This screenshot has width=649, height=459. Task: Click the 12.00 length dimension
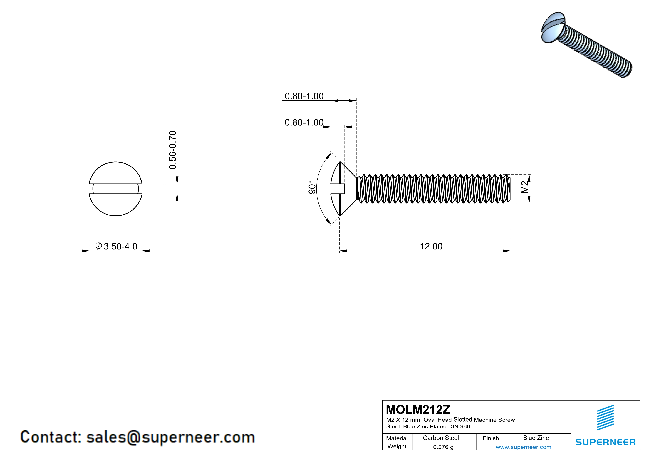(x=431, y=246)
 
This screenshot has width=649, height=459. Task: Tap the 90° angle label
(x=312, y=187)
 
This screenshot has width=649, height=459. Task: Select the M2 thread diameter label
(x=525, y=187)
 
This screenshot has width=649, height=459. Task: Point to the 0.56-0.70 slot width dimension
(x=173, y=150)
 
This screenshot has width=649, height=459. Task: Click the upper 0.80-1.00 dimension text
(x=304, y=96)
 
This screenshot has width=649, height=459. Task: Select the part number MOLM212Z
(x=418, y=409)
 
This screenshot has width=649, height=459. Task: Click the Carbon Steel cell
(x=441, y=438)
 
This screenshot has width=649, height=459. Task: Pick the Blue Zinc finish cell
(x=536, y=438)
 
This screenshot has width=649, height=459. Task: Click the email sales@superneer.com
(x=170, y=437)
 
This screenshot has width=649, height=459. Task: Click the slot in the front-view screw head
(x=116, y=189)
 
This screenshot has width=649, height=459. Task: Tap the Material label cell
(x=397, y=438)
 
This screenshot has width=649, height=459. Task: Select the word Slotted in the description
(x=463, y=420)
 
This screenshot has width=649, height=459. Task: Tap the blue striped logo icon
(x=605, y=418)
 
